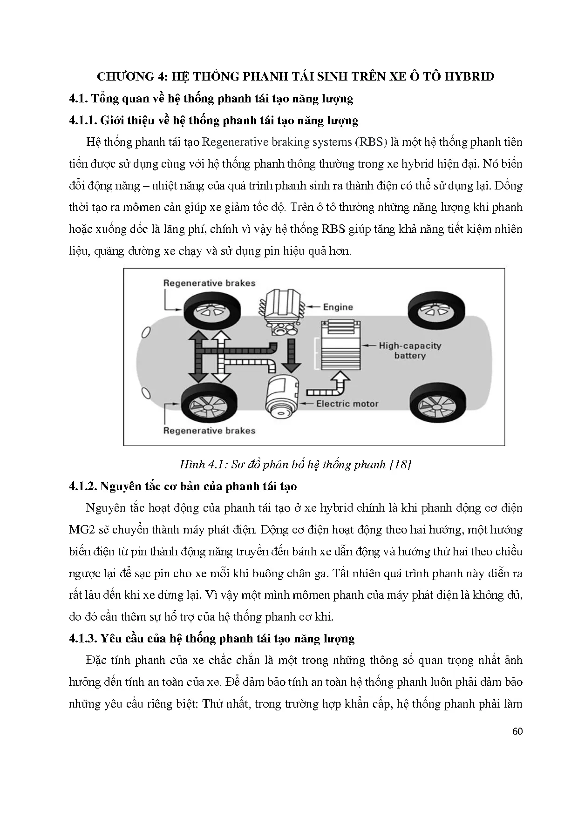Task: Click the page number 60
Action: pyautogui.click(x=517, y=731)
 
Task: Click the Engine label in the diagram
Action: pyautogui.click(x=338, y=307)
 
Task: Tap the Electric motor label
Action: pyautogui.click(x=347, y=404)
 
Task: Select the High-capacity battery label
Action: pyautogui.click(x=409, y=351)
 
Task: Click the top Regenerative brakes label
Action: pyautogui.click(x=209, y=283)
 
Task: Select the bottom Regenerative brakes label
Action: pyautogui.click(x=209, y=431)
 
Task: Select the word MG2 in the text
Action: pyautogui.click(x=80, y=530)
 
